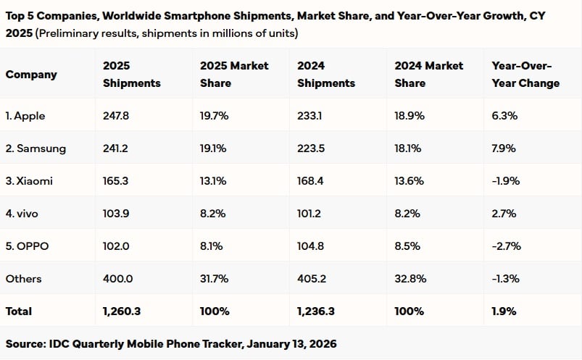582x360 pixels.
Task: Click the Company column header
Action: coord(31,75)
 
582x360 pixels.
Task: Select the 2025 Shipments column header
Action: coord(132,74)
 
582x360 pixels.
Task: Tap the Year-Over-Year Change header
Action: coord(525,74)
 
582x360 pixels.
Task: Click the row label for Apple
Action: coord(25,116)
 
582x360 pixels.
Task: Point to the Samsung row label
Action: coord(36,148)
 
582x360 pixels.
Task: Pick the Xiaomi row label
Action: coord(29,181)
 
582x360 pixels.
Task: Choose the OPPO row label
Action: coord(27,246)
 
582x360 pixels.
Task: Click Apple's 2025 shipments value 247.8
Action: coord(116,116)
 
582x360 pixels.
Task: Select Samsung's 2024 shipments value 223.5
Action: coord(311,148)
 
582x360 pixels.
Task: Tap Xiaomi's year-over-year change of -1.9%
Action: coord(506,181)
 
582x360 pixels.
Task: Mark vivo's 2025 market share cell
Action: coord(212,214)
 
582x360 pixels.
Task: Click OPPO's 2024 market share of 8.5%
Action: coord(407,246)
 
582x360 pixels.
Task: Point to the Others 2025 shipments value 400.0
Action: coord(117,279)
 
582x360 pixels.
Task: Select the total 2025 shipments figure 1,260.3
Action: coord(122,311)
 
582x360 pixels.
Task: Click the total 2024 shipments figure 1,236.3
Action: coord(316,311)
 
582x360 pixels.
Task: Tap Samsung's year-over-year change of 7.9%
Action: coord(504,148)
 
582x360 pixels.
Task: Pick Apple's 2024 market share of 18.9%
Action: coord(410,116)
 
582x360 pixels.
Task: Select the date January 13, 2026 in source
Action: coord(292,344)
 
